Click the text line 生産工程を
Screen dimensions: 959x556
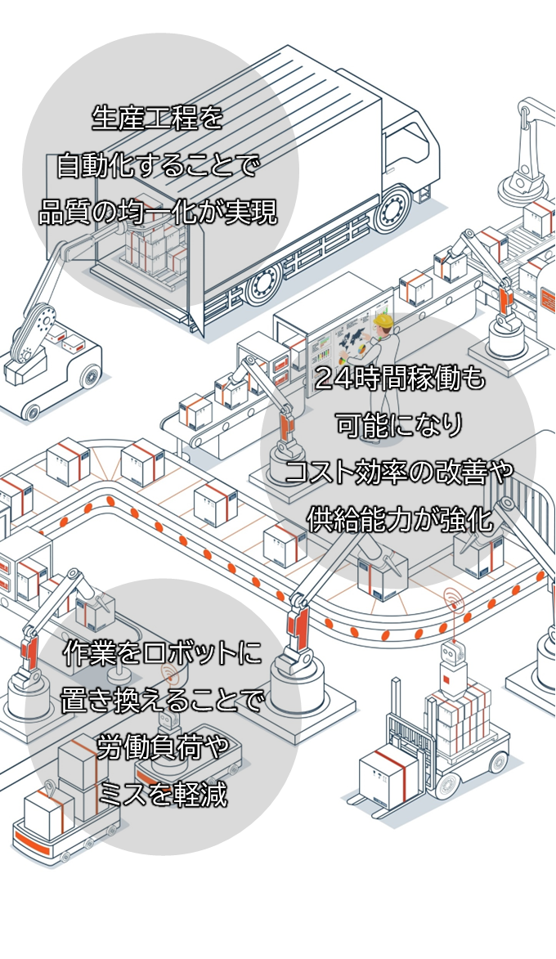158,120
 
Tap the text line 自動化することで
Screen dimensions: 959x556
158,167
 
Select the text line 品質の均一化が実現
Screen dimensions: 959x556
158,213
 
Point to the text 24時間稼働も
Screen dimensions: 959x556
400,379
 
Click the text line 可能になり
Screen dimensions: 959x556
400,425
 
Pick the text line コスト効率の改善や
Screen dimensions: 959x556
400,472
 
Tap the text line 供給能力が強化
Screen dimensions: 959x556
400,518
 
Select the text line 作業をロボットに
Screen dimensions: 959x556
163,653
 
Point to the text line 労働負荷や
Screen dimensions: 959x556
163,746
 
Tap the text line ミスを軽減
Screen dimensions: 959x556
163,793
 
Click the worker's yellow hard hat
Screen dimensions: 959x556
383,320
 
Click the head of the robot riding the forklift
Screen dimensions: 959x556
451,653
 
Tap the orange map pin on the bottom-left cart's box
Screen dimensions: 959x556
50,790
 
